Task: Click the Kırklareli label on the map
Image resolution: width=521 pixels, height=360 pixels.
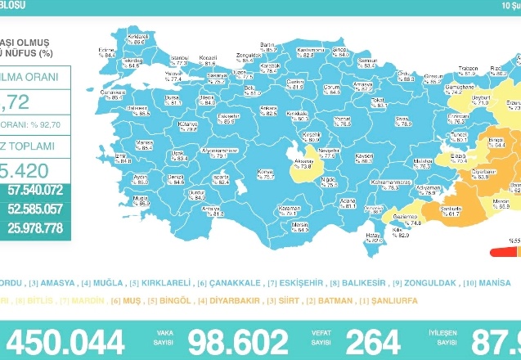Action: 137,38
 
